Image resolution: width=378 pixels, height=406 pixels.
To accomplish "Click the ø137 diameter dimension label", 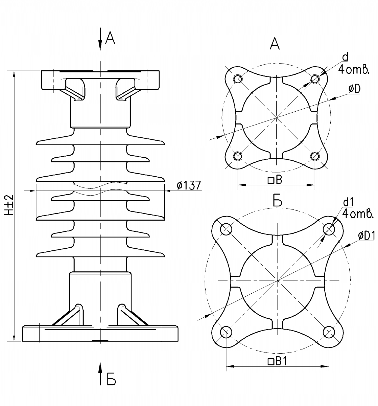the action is [189, 185].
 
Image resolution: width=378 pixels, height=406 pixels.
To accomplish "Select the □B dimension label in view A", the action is [275, 180].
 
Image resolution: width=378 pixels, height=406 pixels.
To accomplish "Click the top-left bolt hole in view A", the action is [238, 79].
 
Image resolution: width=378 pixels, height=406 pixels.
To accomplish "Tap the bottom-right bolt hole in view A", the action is [315, 156].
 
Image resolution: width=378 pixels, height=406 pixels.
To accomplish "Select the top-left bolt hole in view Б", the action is [226, 229].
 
